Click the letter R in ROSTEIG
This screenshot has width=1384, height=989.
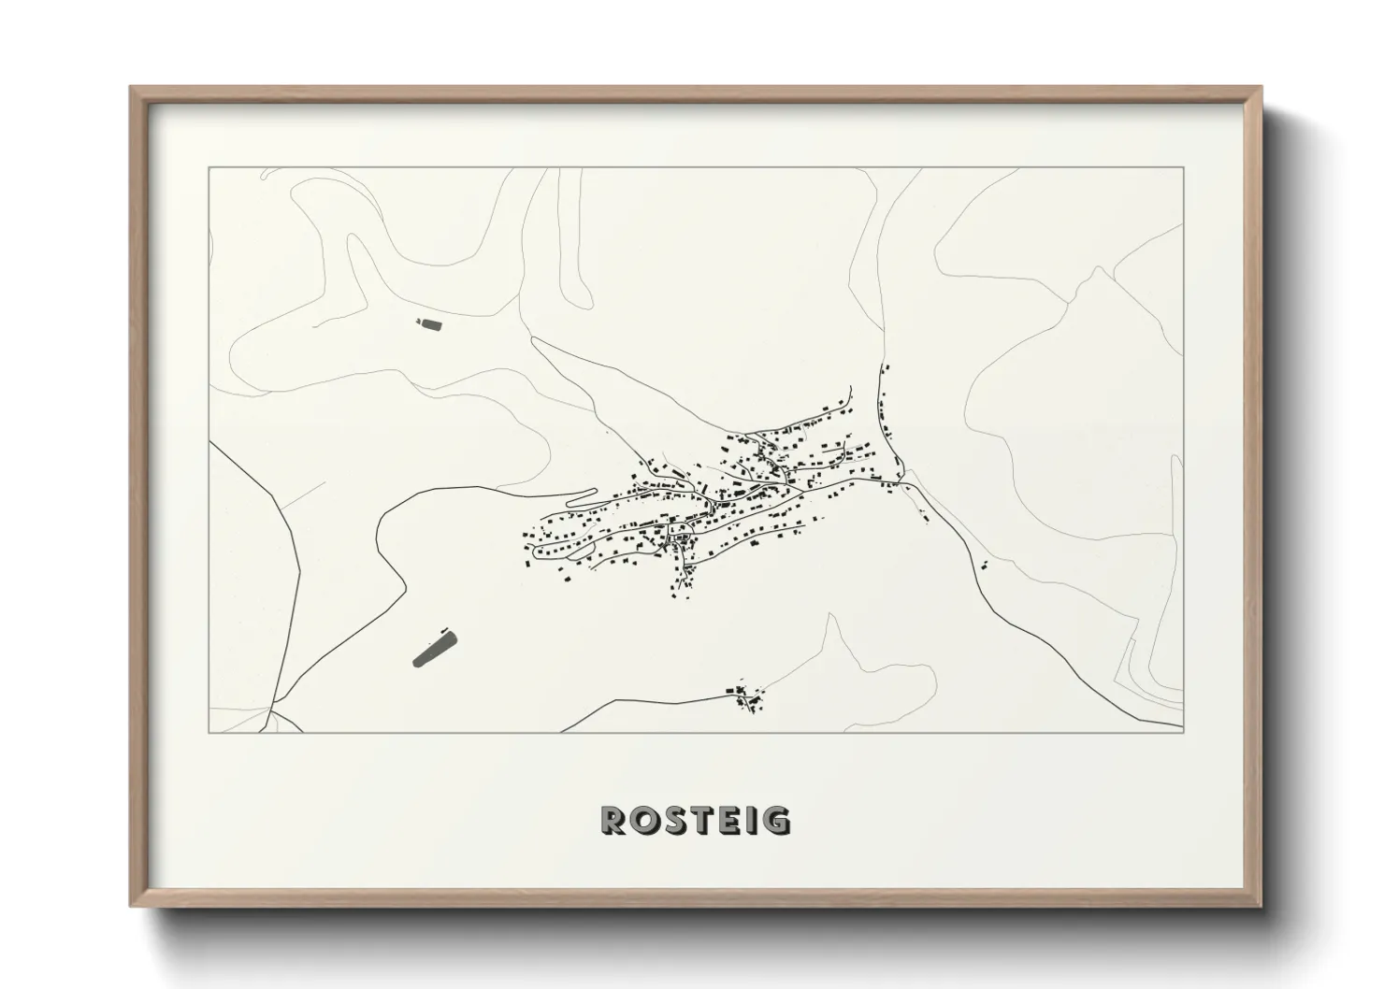614,820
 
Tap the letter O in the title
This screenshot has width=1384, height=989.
644,820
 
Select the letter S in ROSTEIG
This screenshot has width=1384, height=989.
673,820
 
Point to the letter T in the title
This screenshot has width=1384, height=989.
700,820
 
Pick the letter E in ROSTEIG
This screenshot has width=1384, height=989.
728,820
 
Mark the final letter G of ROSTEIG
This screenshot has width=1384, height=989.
775,820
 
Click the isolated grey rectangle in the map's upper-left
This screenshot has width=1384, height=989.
429,324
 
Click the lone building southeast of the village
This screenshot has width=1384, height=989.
985,563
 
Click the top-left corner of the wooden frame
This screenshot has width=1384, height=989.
131,88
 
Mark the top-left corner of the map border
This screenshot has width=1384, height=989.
209,168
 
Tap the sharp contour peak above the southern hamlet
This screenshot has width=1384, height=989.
830,615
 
